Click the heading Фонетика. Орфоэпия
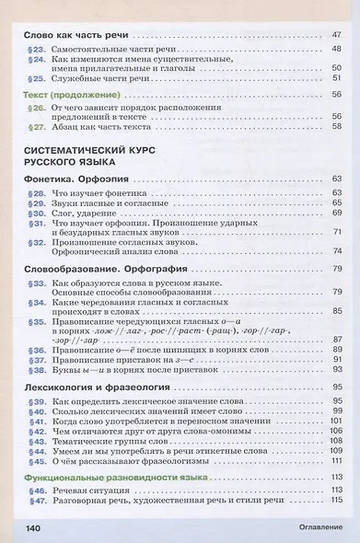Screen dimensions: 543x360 pos(75,178)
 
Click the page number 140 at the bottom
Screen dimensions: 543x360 pos(32,527)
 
